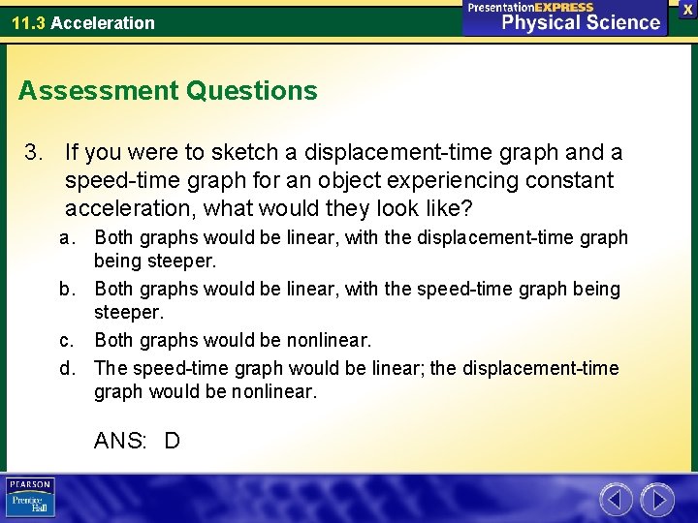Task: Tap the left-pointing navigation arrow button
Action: (x=616, y=500)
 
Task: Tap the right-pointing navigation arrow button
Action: (x=656, y=500)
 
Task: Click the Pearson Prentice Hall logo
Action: (x=31, y=498)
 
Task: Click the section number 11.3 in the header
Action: (x=28, y=22)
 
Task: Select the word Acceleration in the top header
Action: (x=102, y=22)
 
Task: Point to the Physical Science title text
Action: (x=580, y=23)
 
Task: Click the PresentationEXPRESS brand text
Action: (x=530, y=7)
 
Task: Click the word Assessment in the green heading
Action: (x=95, y=91)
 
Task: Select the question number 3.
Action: (x=33, y=153)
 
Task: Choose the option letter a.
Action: (x=65, y=238)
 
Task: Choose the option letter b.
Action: (x=65, y=290)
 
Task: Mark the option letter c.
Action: (x=65, y=341)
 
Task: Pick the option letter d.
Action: (x=65, y=368)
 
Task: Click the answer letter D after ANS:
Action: (x=172, y=442)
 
